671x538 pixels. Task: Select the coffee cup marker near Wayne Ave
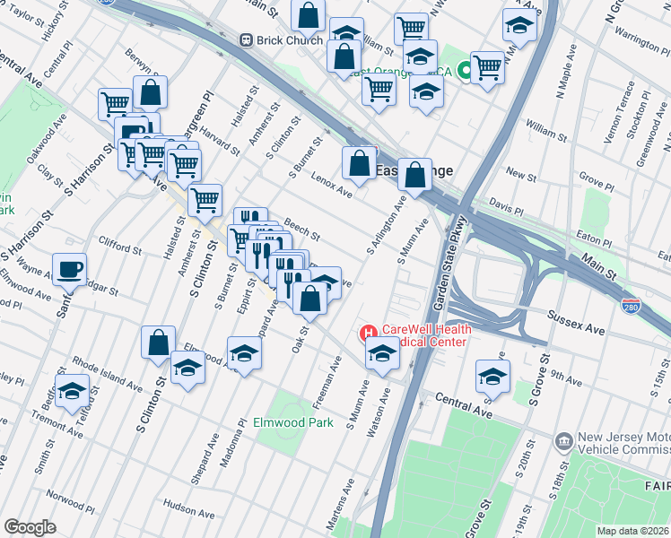[x=70, y=268]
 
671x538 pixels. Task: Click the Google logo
[x=30, y=526]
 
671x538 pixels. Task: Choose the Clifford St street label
[x=121, y=247]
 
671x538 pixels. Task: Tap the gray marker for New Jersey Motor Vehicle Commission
[x=564, y=442]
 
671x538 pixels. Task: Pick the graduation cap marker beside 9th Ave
[x=492, y=377]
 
